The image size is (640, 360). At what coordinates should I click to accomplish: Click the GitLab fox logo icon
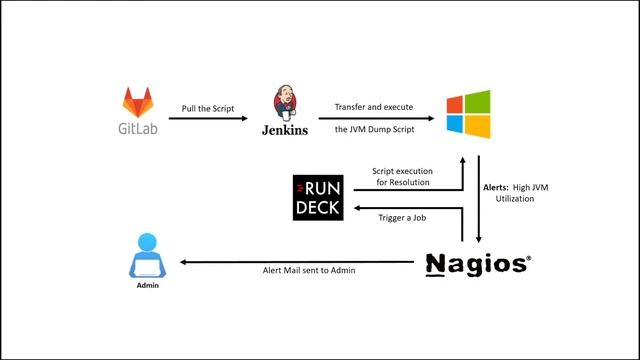(138, 101)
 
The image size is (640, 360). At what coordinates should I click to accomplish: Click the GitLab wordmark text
(138, 128)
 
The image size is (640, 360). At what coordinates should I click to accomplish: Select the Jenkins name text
(284, 130)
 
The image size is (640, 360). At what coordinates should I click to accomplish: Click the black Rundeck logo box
(318, 196)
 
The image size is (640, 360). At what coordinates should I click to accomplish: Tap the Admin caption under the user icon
(148, 285)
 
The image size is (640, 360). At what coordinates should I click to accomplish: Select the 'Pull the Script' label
(207, 108)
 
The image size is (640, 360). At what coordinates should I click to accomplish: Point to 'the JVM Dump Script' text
(374, 130)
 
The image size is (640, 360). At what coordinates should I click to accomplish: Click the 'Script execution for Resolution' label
(401, 176)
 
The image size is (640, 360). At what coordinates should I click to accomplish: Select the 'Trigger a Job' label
(401, 218)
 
